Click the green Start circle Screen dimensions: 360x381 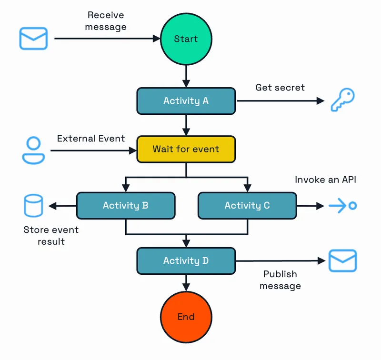[186, 39]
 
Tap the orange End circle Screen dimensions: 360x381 [186, 316]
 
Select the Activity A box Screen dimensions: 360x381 [186, 101]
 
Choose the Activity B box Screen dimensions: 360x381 [126, 206]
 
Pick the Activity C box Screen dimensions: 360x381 [247, 206]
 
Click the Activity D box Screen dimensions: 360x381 [186, 260]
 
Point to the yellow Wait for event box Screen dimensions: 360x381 [186, 149]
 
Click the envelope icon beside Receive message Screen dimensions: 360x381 [33, 39]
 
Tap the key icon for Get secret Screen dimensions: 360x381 [342, 100]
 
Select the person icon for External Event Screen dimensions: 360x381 [33, 150]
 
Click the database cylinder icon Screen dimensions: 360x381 [33, 206]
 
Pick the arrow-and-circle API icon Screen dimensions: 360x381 [343, 206]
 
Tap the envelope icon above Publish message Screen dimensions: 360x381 [342, 260]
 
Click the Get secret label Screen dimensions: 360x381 [280, 88]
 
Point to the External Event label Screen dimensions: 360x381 [91, 139]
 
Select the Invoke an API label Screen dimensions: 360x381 [325, 180]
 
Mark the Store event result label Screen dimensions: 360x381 [51, 236]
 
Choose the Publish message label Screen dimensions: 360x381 [281, 280]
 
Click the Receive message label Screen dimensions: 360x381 [106, 21]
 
